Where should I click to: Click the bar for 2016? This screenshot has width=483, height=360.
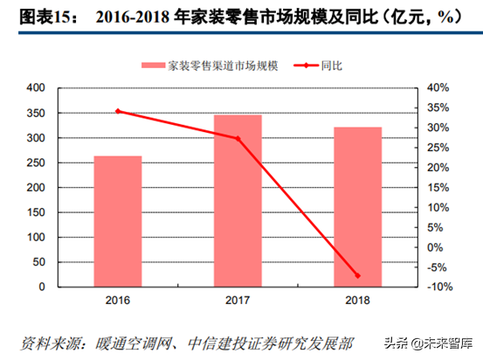click(x=118, y=221)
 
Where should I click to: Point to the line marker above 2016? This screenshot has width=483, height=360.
click(x=118, y=111)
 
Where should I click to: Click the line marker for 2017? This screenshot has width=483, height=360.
click(x=238, y=138)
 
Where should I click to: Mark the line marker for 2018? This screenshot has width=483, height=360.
click(x=358, y=276)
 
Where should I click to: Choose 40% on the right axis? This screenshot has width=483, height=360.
click(x=438, y=88)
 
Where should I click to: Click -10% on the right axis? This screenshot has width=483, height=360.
click(x=439, y=287)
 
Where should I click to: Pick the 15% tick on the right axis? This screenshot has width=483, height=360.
click(x=438, y=187)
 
